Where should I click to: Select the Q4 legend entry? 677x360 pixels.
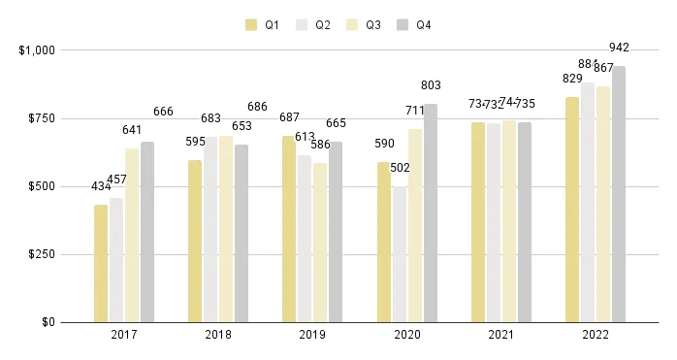tap(414, 25)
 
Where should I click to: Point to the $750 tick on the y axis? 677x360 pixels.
tap(37, 118)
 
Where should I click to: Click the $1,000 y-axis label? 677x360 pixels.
tap(35, 49)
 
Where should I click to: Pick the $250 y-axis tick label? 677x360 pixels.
tap(37, 254)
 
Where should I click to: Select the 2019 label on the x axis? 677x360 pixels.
tap(312, 336)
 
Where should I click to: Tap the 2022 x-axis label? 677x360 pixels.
tap(596, 336)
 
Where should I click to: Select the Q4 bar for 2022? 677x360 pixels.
tap(619, 194)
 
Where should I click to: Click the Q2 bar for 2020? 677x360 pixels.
tap(400, 254)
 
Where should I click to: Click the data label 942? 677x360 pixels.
tap(619, 47)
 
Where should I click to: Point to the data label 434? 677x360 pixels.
tap(102, 186)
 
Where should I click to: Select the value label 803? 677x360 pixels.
tap(431, 85)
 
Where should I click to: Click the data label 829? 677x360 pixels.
tap(571, 77)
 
